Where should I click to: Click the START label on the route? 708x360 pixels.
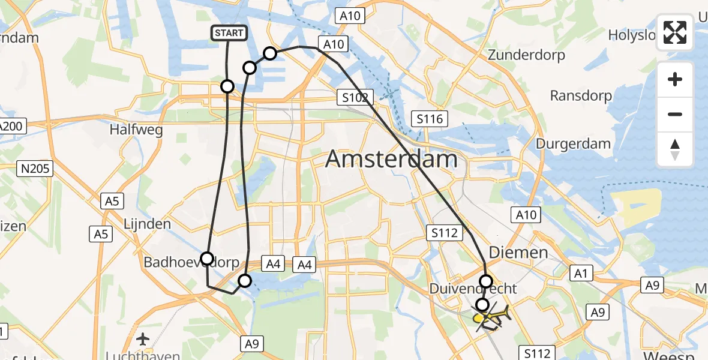coord(229,33)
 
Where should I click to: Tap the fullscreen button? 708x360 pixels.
coord(675,32)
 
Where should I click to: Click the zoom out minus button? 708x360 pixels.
coord(675,114)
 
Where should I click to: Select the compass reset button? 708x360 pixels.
coord(675,149)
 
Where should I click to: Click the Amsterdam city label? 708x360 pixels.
coord(391,160)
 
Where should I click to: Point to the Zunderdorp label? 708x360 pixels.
coord(527,55)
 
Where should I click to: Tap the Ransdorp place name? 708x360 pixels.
coord(581,96)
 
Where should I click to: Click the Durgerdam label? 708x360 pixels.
coord(573,144)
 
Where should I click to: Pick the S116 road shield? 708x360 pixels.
coord(430,119)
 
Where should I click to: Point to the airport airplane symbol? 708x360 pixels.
coord(143,339)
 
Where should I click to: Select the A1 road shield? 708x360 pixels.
coord(580,274)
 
